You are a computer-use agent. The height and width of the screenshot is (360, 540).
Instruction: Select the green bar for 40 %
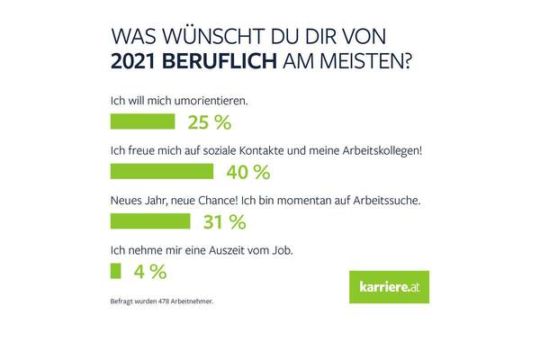[x=160, y=171]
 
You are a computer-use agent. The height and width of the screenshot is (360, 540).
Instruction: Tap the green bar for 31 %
[x=149, y=220]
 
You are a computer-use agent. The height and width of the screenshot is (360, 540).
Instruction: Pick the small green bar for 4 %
[x=114, y=270]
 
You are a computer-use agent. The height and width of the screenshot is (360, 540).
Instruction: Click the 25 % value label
[x=209, y=122]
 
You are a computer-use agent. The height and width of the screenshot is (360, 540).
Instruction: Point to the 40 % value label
[x=248, y=171]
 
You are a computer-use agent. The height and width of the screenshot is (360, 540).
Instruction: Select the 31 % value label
[x=224, y=220]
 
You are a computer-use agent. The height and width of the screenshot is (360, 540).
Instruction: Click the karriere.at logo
[x=388, y=287]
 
